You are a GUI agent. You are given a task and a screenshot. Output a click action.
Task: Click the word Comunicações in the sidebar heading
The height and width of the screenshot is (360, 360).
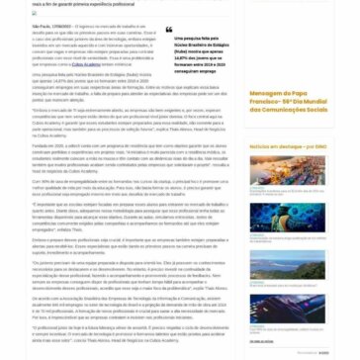tap(287, 135)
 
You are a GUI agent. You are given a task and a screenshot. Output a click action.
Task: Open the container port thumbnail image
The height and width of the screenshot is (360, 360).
tap(287, 170)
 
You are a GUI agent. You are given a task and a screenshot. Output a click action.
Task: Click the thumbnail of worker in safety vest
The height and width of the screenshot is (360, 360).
tap(287, 218)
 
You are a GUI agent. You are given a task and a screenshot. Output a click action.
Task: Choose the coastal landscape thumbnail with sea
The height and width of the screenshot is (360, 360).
tap(287, 264)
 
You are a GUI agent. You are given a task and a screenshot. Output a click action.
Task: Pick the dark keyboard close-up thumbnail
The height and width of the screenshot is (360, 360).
tap(287, 311)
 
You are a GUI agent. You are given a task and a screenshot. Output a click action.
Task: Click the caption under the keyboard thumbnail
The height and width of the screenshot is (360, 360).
tap(282, 330)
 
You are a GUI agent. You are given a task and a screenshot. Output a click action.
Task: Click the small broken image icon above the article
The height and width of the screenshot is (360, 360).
tap(34, 13)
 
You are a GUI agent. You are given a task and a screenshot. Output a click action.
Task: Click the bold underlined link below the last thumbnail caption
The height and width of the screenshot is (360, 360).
tap(261, 341)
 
